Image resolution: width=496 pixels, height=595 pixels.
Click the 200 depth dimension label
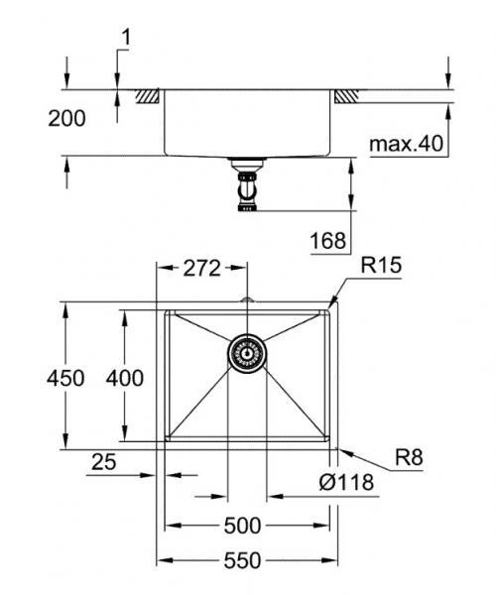66,118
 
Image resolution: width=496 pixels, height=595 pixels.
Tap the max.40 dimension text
406,144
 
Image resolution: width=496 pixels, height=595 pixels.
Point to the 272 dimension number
203,268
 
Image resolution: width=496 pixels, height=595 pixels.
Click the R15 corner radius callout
381,265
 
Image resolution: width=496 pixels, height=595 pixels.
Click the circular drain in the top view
246,352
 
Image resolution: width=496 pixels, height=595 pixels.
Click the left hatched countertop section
150,97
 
